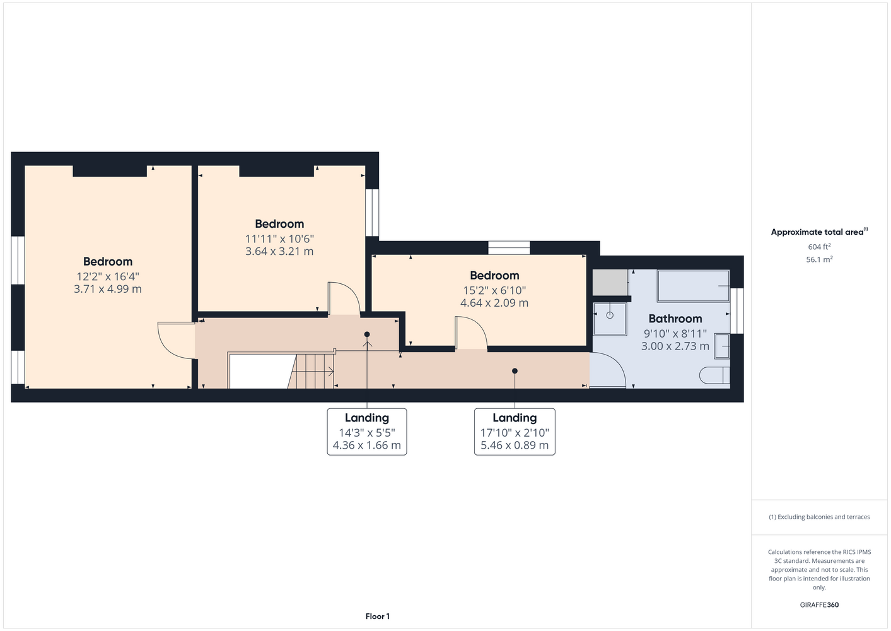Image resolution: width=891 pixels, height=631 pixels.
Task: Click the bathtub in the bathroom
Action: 693,286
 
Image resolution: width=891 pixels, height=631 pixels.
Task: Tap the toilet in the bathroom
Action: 714,375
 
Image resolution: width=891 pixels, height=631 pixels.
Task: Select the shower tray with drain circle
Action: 610,319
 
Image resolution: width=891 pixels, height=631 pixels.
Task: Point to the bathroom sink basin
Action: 722,346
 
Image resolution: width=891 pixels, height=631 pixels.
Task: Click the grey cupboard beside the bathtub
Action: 610,282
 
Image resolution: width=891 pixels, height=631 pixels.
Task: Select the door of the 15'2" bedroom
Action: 472,333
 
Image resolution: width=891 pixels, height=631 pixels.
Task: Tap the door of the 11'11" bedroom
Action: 344,298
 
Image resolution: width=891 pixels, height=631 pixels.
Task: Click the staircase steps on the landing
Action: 312,371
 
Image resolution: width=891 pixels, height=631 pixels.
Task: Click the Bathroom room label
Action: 675,319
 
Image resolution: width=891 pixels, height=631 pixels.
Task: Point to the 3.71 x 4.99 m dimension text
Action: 108,288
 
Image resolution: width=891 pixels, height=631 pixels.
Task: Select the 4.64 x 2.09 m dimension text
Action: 494,302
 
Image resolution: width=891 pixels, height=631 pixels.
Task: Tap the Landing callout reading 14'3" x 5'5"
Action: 367,432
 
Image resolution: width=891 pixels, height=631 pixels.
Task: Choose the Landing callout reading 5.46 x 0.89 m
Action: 515,432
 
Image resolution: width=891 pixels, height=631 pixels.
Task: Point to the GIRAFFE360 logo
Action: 819,604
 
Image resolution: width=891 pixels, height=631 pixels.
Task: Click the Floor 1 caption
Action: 378,616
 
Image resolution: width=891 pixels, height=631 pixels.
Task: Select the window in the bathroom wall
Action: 737,311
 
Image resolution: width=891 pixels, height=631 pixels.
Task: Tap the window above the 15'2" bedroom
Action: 509,247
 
